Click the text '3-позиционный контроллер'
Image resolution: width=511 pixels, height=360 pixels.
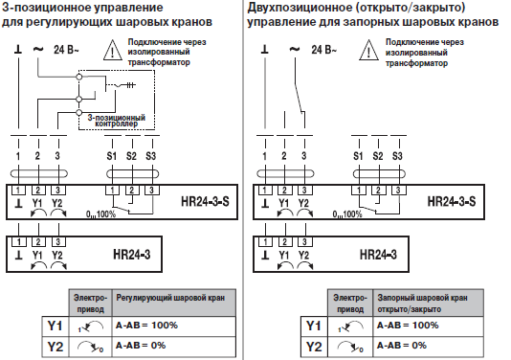point(113,120)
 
